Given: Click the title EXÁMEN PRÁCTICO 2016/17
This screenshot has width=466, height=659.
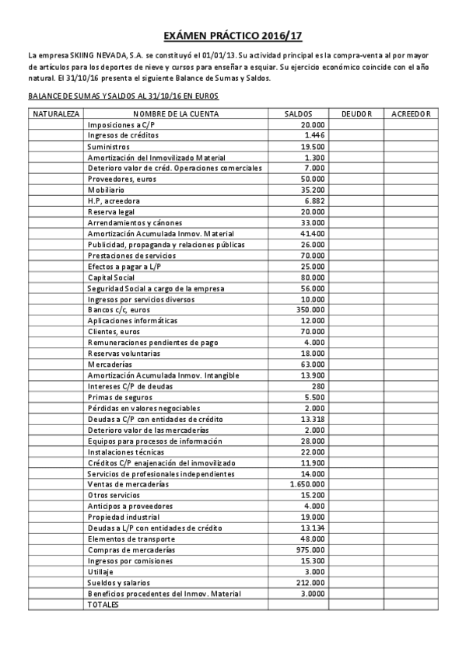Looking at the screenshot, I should (x=233, y=36).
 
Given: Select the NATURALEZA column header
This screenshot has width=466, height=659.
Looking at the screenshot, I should (x=55, y=113).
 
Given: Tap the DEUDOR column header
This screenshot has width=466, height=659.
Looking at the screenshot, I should (x=356, y=113).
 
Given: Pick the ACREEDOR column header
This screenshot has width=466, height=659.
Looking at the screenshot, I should (x=411, y=113).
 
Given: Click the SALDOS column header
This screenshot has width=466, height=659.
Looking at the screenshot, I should (x=299, y=113).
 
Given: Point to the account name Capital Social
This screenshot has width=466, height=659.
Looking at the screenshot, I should (x=111, y=277).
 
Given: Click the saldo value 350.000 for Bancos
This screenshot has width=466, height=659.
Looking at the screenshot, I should (x=309, y=310).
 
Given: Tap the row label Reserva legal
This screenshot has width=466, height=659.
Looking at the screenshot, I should (x=110, y=211).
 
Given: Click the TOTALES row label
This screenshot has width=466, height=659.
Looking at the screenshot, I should (x=104, y=604).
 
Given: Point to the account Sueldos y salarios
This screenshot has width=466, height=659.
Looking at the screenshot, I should (x=119, y=582).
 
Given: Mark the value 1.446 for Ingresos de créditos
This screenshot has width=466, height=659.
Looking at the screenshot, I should (x=315, y=135).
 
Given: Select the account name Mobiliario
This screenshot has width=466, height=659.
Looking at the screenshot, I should (x=106, y=190).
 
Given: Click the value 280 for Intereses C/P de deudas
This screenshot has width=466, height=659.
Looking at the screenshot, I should (x=317, y=386).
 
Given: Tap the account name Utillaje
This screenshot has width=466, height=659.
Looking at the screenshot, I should (x=101, y=571).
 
